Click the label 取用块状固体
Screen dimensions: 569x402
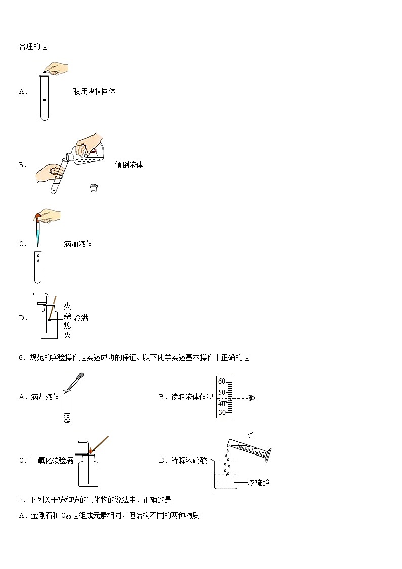coord(94,92)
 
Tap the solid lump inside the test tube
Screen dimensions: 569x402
coord(45,100)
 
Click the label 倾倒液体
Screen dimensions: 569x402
coord(129,165)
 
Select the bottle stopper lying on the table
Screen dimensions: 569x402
coord(92,188)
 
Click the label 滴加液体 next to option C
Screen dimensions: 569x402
coord(78,244)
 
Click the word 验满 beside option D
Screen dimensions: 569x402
coord(81,318)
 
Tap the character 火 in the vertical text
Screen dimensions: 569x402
coord(67,306)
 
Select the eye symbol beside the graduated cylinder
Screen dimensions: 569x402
coord(252,398)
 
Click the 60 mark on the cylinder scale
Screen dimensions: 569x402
coord(221,382)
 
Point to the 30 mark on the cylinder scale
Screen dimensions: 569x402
coord(221,412)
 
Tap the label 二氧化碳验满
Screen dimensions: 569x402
coord(52,461)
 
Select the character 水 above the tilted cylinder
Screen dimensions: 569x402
coord(250,435)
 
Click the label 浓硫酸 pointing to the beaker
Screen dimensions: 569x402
coord(259,483)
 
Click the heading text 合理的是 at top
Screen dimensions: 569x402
coord(32,46)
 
